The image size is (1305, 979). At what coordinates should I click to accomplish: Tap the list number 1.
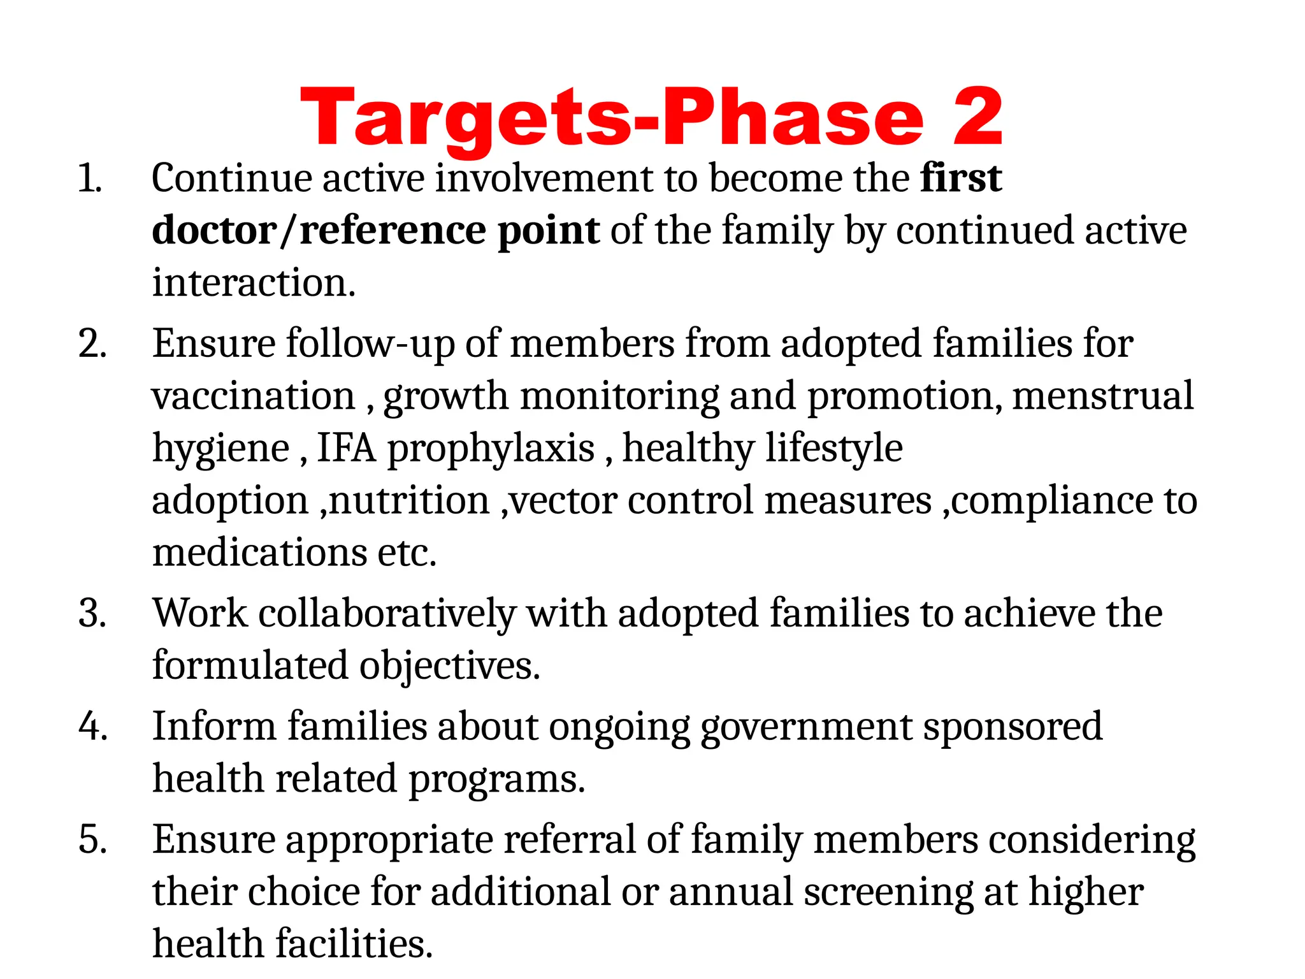pyautogui.click(x=89, y=178)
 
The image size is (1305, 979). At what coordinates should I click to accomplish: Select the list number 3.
pyautogui.click(x=92, y=613)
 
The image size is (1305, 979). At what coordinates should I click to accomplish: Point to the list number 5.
pyautogui.click(x=92, y=839)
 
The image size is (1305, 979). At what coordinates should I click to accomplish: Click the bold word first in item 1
pyautogui.click(x=961, y=178)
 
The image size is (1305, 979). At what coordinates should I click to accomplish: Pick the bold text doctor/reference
pyautogui.click(x=319, y=230)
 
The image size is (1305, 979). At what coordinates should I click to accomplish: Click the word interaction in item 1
pyautogui.click(x=253, y=282)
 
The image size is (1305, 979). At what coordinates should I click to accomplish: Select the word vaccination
pyautogui.click(x=253, y=396)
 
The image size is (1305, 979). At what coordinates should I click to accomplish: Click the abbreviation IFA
pyautogui.click(x=347, y=448)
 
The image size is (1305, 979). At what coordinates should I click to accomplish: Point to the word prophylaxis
pyautogui.click(x=491, y=448)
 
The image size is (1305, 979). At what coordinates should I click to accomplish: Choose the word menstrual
pyautogui.click(x=1102, y=396)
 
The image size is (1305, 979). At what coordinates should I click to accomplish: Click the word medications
pyautogui.click(x=259, y=552)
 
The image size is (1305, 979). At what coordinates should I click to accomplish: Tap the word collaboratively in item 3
pyautogui.click(x=387, y=613)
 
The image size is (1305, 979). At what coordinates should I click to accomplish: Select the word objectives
pyautogui.click(x=449, y=665)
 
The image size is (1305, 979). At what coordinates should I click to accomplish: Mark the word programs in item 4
pyautogui.click(x=496, y=778)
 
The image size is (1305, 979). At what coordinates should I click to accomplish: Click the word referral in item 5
pyautogui.click(x=570, y=839)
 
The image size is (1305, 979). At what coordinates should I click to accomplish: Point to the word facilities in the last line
pyautogui.click(x=354, y=943)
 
